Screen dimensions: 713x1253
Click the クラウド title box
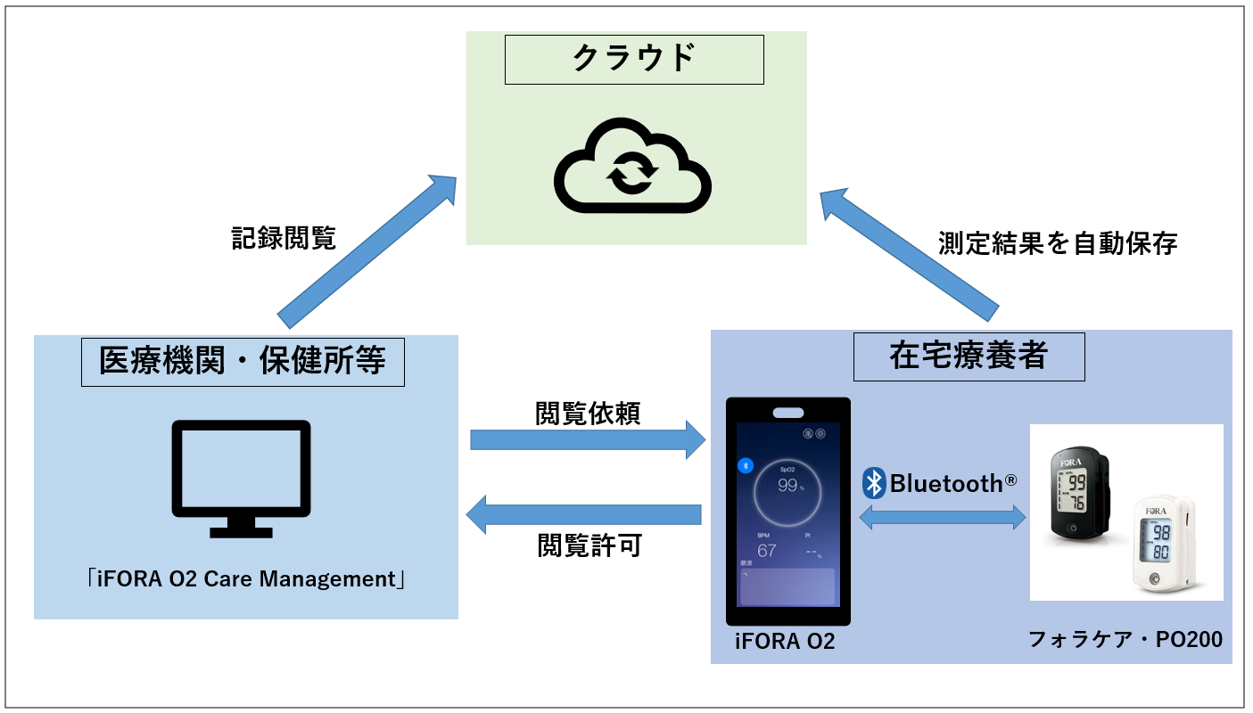pos(634,59)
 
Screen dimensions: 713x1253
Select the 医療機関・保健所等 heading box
pos(243,361)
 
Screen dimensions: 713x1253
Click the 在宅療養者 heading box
pos(969,356)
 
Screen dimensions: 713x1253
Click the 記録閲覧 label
pos(284,238)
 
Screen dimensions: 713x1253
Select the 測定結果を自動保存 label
pos(1058,243)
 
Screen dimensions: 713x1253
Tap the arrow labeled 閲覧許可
pos(585,515)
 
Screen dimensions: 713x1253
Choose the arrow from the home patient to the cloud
pos(909,252)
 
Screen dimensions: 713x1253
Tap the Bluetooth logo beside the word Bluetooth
pos(874,483)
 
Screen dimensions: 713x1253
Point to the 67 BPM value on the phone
pos(766,550)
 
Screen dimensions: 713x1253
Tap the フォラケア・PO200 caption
pos(1125,639)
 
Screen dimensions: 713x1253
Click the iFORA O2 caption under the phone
pos(786,641)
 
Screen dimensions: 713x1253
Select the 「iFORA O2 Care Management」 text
pos(241,578)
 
